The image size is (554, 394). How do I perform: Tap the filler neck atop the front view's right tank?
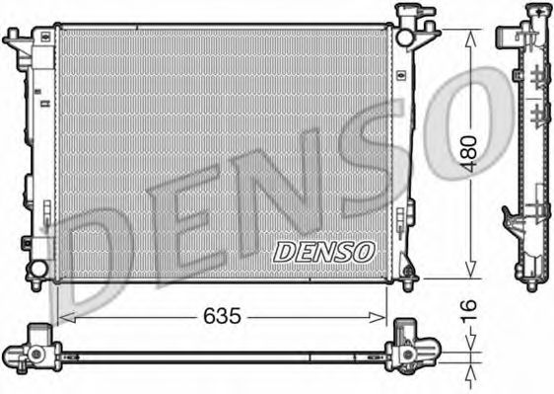[413, 15]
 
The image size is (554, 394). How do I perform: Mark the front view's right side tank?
[402, 148]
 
